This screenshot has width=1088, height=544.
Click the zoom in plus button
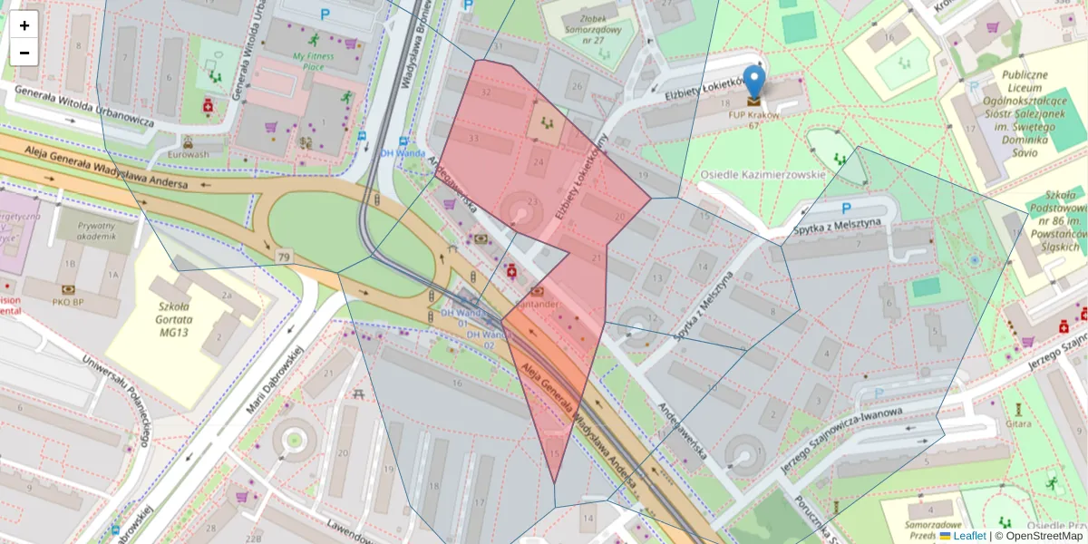[24, 25]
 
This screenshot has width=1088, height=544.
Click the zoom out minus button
[24, 53]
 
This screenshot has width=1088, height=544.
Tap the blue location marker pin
[753, 83]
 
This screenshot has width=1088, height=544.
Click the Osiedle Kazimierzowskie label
[763, 174]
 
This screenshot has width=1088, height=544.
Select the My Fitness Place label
[313, 61]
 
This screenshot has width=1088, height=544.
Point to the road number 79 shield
[285, 258]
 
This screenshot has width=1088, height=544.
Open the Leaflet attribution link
[968, 536]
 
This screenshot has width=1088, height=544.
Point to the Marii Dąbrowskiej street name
[271, 381]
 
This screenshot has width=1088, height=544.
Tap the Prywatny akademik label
[96, 230]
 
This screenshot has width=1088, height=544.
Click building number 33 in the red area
[473, 138]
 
